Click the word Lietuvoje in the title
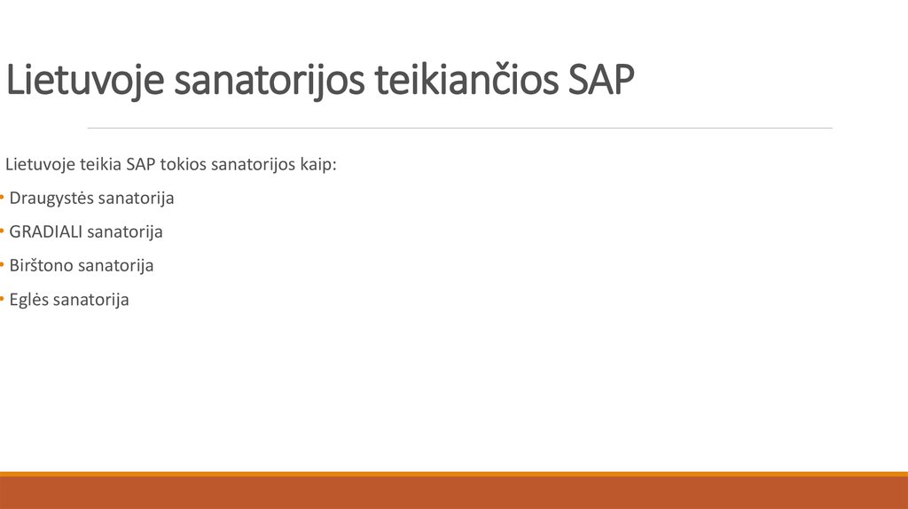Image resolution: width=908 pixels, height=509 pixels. point(84,82)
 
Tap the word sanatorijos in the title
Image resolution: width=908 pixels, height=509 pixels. point(270,82)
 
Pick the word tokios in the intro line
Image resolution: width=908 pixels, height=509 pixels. point(182,165)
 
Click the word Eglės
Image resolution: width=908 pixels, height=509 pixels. point(29,300)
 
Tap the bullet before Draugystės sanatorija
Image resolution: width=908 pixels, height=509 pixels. point(3,199)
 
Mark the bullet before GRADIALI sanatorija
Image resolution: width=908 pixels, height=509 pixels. point(3,232)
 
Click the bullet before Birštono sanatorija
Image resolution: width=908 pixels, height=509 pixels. point(3,266)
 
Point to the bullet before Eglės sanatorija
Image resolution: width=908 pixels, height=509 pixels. point(3,300)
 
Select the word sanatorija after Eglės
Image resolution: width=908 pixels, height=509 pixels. point(91,300)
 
